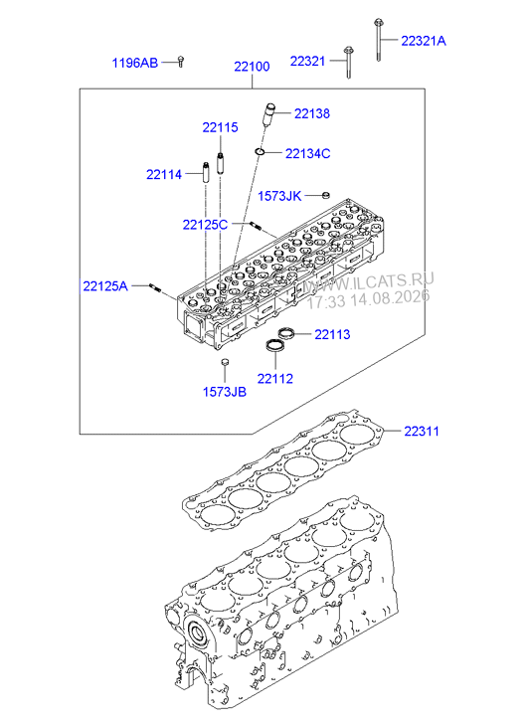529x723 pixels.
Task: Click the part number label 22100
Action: tap(252, 67)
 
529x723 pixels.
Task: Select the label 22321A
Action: tap(424, 41)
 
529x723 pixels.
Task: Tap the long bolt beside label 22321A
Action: tap(378, 40)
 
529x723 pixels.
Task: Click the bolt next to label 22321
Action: tap(348, 63)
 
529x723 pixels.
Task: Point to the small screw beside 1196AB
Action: tap(181, 62)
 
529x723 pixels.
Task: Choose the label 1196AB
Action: tap(134, 63)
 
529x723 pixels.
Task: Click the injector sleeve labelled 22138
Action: tap(267, 115)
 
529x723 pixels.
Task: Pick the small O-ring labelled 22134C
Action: tap(261, 151)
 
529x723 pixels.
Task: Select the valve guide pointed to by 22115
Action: tap(221, 162)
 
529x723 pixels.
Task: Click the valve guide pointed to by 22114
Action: tap(205, 171)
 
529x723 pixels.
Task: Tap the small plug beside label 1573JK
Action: tap(325, 196)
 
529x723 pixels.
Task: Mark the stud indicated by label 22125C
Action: tap(256, 226)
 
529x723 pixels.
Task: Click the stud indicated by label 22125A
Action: tap(155, 288)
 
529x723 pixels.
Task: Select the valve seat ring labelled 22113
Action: tap(286, 332)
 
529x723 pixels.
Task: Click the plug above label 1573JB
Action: tap(225, 362)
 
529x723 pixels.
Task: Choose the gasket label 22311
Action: tap(421, 432)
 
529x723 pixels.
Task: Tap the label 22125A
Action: tap(105, 286)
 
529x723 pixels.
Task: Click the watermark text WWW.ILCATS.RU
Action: tap(369, 281)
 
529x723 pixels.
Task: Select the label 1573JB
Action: tap(225, 392)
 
